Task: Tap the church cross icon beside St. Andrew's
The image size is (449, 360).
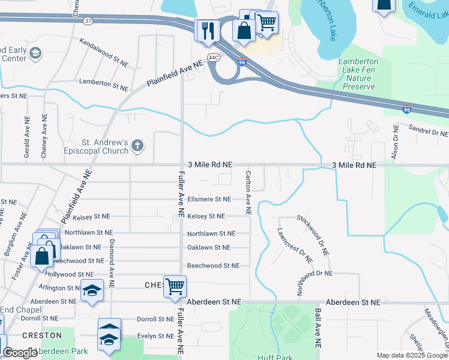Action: click(137, 145)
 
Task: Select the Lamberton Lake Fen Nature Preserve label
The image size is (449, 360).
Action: click(359, 74)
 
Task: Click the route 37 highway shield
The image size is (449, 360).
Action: click(88, 20)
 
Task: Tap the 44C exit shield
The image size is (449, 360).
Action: click(214, 58)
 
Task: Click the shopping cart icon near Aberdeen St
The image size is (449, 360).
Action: click(175, 286)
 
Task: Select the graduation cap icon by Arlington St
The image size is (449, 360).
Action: click(91, 291)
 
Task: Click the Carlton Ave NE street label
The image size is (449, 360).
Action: click(247, 193)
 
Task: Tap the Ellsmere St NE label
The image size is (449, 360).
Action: click(209, 199)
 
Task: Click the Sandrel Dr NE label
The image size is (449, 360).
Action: click(428, 130)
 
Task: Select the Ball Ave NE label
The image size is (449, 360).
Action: click(318, 329)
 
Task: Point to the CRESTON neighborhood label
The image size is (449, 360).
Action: click(42, 335)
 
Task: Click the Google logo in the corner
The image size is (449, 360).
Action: click(20, 353)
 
